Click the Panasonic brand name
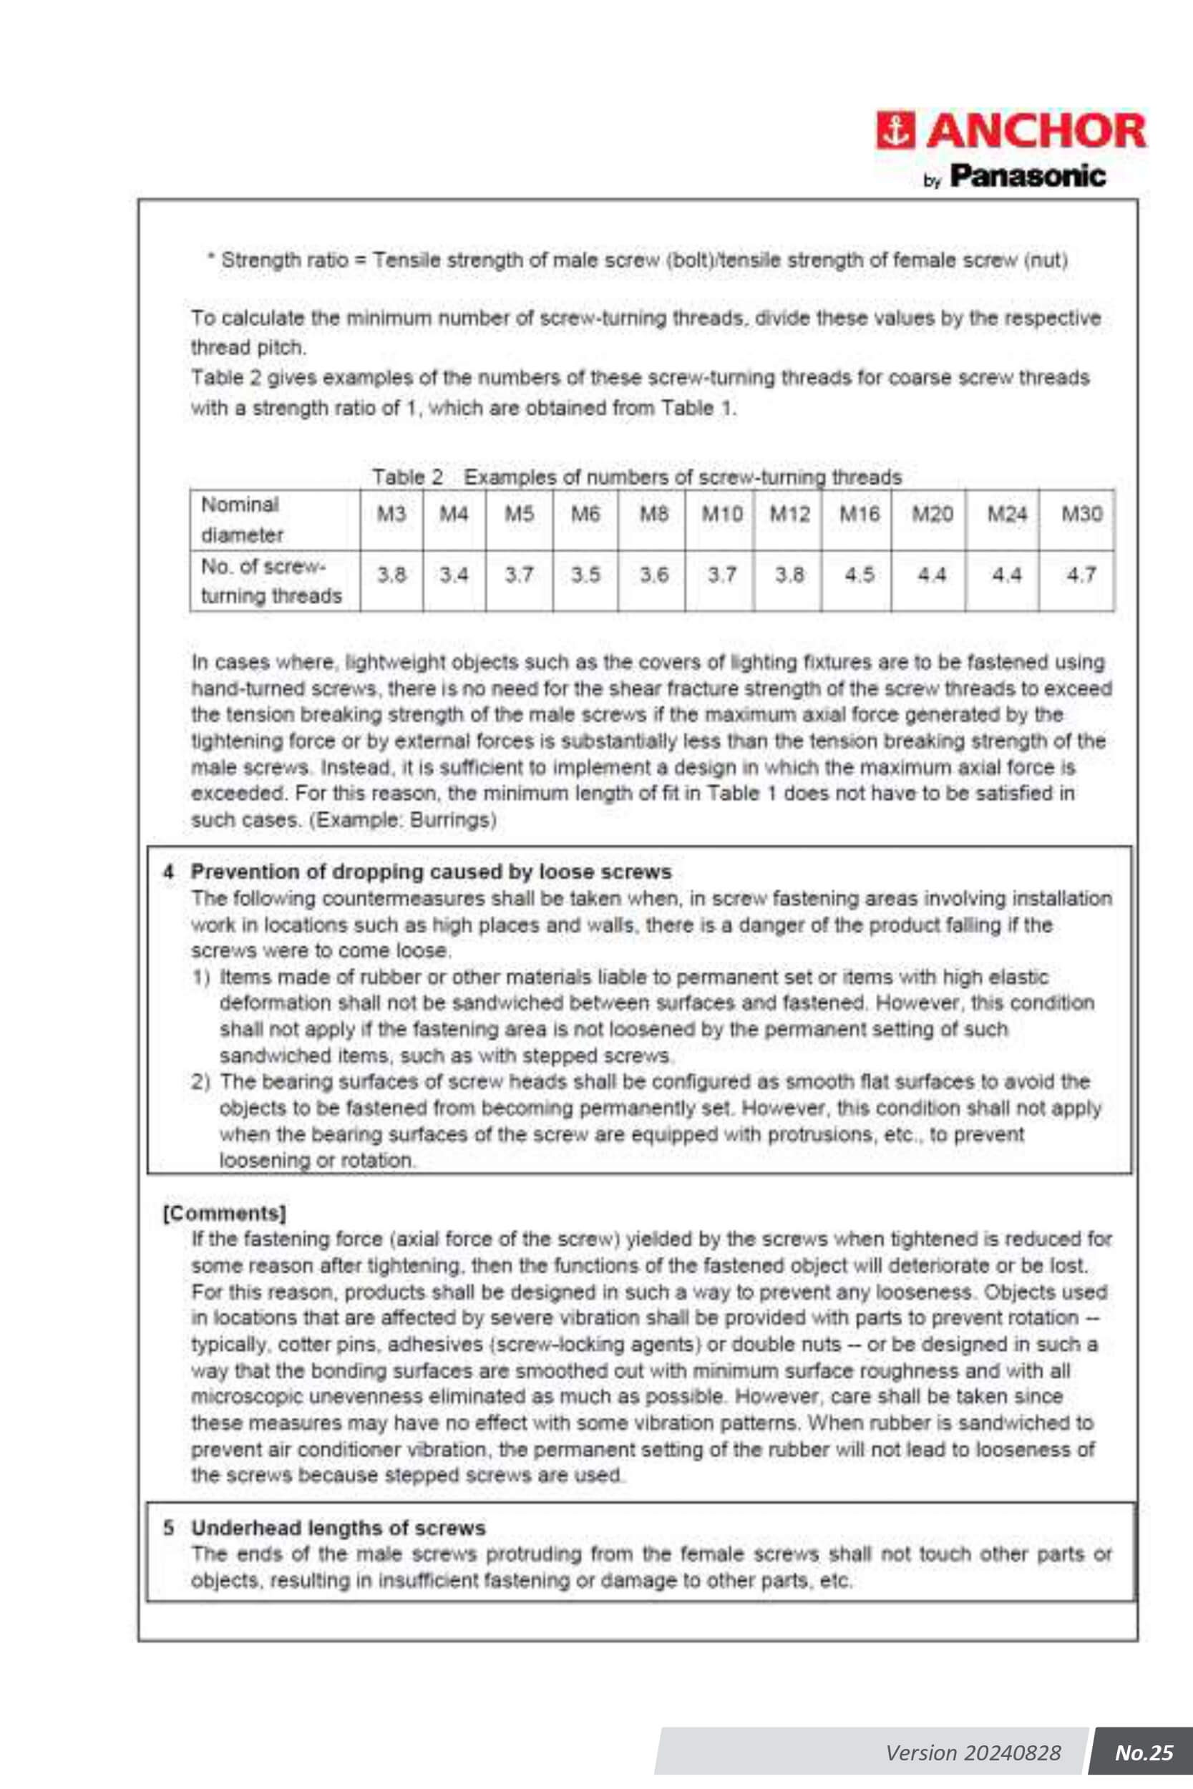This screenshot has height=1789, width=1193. [1028, 177]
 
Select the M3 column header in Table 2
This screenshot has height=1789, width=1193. [392, 515]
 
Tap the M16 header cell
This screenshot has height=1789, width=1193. [859, 515]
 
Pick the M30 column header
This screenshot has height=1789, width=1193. [1081, 515]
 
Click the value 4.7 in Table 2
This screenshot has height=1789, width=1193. [1081, 576]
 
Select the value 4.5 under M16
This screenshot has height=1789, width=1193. [859, 576]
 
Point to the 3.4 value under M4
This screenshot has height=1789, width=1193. [454, 576]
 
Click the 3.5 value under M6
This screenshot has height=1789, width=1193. [586, 576]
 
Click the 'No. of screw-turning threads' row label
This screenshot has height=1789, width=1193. [271, 581]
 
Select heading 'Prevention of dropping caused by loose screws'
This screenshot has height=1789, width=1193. [431, 872]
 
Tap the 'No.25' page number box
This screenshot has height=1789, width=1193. [1143, 1753]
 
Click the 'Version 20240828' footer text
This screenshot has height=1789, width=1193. [973, 1753]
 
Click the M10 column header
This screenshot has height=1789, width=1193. [721, 515]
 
